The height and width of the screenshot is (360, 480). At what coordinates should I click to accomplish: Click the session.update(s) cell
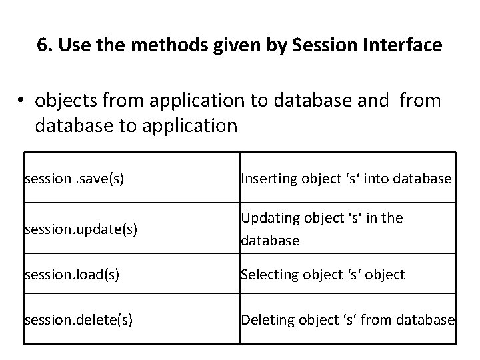coord(81,229)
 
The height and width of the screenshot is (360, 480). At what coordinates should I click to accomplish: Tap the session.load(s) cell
coord(72,275)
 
